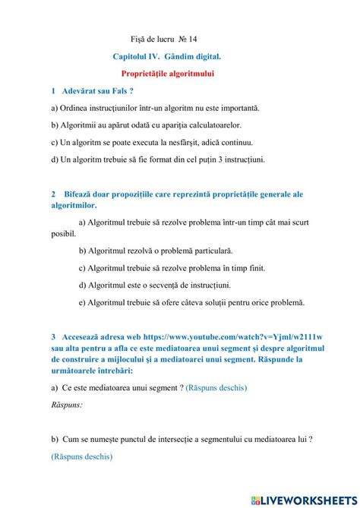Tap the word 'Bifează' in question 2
pyautogui.click(x=81, y=194)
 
